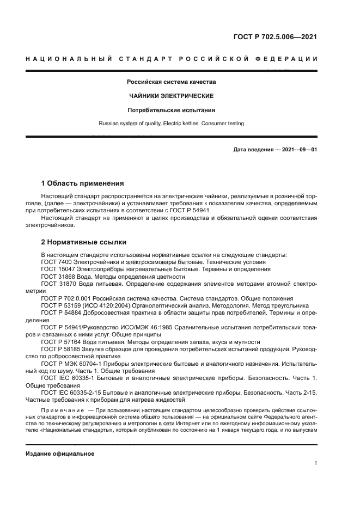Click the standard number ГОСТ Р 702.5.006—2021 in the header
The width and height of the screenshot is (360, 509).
[x=274, y=37]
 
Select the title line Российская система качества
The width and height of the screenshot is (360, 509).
[x=171, y=82]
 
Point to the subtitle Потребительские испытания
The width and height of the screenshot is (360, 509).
[x=171, y=109]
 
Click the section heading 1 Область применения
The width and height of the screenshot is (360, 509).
[x=82, y=183]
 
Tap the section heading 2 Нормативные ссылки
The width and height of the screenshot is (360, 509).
[x=84, y=242]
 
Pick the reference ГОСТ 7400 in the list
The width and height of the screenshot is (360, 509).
[x=56, y=262]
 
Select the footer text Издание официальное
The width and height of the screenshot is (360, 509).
[x=60, y=453]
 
